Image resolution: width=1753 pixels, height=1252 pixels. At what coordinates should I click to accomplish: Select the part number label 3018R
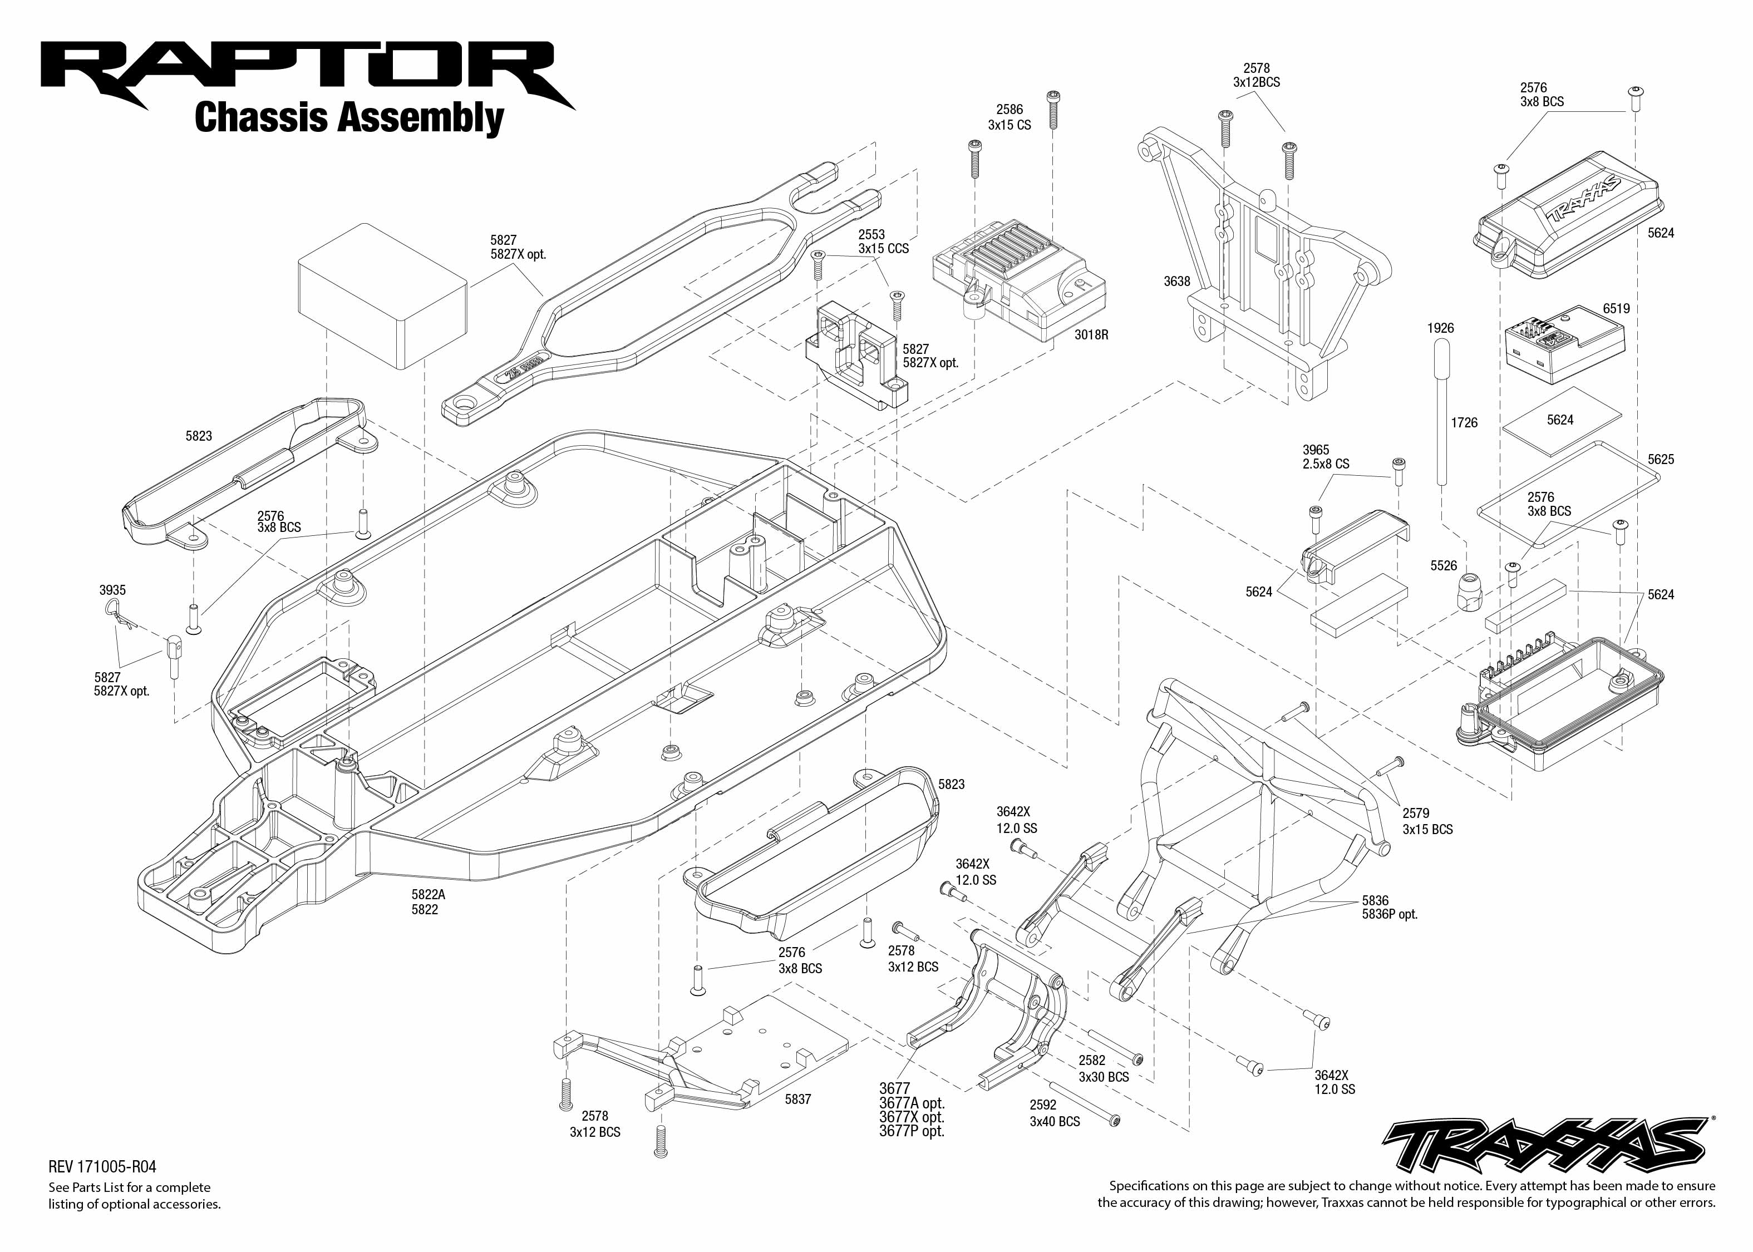pos(1091,336)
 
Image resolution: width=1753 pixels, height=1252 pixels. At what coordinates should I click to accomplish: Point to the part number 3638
pos(1176,282)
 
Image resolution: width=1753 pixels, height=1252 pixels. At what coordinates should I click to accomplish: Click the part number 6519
pos(1616,308)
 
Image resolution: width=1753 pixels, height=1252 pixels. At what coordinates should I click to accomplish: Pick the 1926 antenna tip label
pos(1440,328)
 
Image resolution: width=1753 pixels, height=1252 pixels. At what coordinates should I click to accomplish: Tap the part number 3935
pos(112,590)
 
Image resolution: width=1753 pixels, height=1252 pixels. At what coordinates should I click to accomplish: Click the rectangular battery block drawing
pos(382,297)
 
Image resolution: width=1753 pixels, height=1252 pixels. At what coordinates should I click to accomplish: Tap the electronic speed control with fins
pos(1017,285)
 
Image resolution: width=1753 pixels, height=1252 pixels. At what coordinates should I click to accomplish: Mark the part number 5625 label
pos(1661,460)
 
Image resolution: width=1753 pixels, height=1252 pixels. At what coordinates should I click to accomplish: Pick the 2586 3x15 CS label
pos(1009,117)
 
